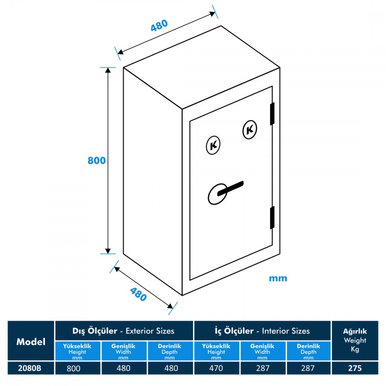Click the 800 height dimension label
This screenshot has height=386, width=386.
tap(96, 160)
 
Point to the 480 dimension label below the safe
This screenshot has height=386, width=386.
tap(138, 294)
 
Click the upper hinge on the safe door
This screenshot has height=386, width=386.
tap(272, 114)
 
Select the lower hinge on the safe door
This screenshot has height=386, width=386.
tap(272, 217)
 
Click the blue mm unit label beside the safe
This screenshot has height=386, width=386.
tap(278, 278)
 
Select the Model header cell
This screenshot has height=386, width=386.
tap(31, 342)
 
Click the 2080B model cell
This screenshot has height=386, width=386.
tap(31, 368)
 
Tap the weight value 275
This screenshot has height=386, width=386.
tap(355, 368)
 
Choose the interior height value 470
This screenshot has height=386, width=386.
tap(216, 368)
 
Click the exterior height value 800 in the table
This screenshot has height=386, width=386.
tap(77, 368)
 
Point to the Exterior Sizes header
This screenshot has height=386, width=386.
tap(124, 331)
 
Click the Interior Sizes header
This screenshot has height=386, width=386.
tap(262, 331)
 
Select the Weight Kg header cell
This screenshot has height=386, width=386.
tap(355, 341)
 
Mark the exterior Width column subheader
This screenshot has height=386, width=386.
tap(123, 351)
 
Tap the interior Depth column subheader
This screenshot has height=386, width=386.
tap(308, 351)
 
